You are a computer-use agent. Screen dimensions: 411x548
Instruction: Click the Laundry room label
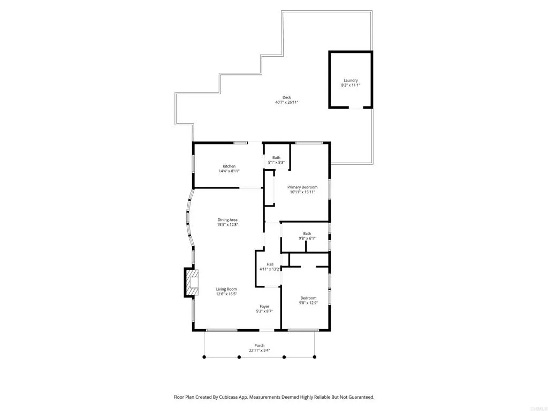click(x=351, y=80)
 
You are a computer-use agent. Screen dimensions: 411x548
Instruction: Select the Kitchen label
click(x=229, y=166)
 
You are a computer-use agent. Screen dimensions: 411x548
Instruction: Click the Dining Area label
click(x=227, y=219)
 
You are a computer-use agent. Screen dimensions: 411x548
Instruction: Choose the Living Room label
click(x=226, y=289)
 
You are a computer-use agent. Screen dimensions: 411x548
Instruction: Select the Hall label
click(x=270, y=264)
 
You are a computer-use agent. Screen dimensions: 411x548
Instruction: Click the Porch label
click(x=260, y=345)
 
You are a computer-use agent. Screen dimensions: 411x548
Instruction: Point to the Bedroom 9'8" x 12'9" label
click(x=308, y=298)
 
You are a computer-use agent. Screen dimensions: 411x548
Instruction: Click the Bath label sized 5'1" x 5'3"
click(x=276, y=157)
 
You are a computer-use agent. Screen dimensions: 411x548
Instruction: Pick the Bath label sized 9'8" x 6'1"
click(x=307, y=233)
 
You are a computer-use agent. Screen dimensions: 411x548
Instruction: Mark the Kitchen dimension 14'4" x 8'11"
click(x=229, y=171)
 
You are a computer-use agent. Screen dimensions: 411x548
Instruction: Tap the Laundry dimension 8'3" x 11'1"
click(x=351, y=86)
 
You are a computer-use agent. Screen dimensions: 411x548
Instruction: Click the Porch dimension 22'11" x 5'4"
click(x=260, y=351)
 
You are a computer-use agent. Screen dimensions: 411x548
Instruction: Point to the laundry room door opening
click(x=355, y=108)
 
